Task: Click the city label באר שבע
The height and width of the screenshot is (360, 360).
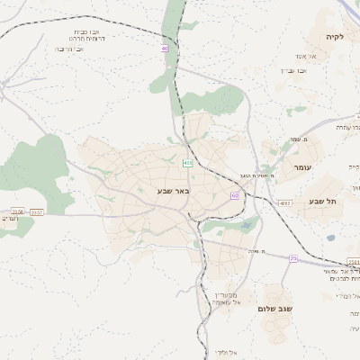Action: [173, 190]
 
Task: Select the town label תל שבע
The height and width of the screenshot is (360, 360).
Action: [320, 201]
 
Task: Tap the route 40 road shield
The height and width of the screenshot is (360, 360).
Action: [165, 48]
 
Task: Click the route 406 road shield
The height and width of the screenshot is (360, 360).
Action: [187, 163]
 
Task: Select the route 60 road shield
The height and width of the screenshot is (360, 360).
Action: [234, 195]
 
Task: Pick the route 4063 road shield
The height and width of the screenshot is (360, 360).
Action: [285, 203]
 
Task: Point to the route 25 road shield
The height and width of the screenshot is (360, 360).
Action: [292, 258]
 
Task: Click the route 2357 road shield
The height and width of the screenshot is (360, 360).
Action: [36, 211]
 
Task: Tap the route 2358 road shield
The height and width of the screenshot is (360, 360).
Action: [17, 211]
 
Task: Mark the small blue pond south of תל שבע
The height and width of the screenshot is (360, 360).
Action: [330, 238]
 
